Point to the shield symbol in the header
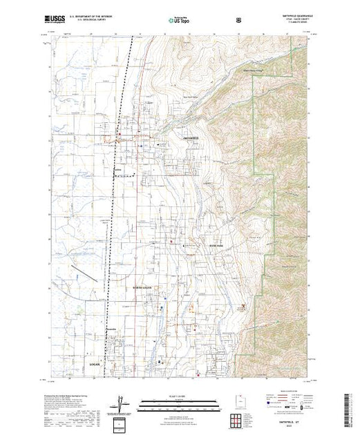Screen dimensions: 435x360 coord(239,21)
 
